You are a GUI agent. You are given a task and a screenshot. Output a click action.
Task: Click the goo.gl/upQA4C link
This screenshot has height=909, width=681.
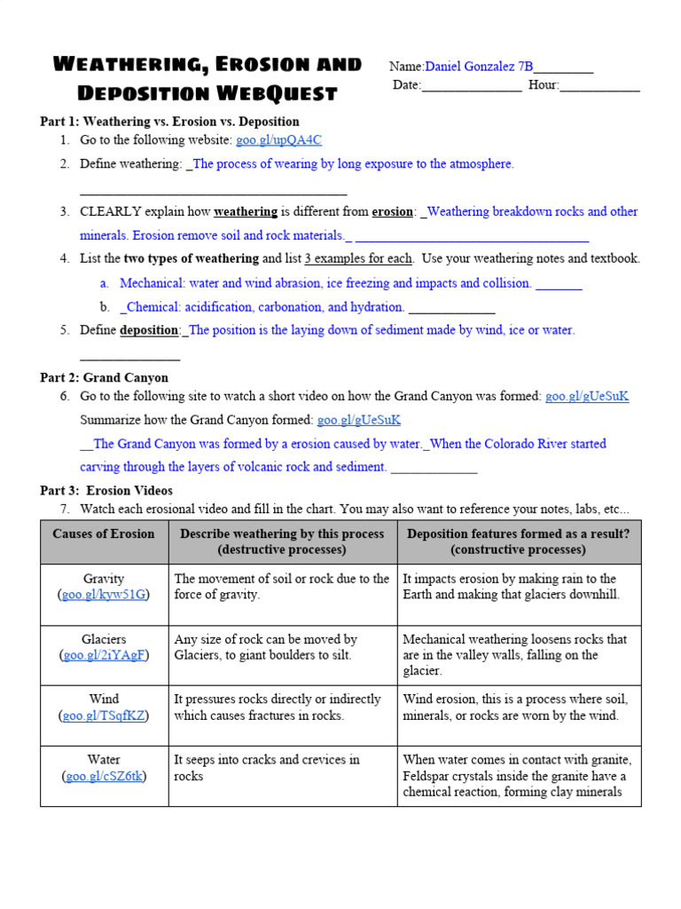click(278, 140)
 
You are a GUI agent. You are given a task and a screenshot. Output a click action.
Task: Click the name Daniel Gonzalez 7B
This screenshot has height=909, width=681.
click(479, 67)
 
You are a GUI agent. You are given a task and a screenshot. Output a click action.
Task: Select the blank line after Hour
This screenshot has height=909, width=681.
click(599, 86)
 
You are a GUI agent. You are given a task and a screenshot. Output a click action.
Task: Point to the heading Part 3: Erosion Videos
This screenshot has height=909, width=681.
click(106, 490)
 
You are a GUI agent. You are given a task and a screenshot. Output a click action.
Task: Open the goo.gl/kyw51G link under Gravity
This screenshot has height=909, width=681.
click(104, 595)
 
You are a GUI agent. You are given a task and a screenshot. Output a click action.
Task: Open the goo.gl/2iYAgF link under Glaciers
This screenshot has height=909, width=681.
click(104, 655)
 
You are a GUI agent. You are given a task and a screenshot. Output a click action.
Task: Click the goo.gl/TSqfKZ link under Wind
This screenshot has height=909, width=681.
click(104, 715)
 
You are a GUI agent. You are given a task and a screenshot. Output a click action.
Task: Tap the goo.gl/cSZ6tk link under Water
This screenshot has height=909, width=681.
click(104, 776)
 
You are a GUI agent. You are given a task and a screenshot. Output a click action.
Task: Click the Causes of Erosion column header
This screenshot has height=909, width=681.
click(104, 534)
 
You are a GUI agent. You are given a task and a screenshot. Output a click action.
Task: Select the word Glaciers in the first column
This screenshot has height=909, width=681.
click(104, 639)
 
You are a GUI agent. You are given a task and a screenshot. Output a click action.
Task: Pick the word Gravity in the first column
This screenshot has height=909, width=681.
click(104, 579)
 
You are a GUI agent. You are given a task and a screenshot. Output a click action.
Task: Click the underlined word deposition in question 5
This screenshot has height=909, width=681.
click(150, 330)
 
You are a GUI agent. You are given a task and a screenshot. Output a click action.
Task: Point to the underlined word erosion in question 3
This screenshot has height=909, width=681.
click(392, 212)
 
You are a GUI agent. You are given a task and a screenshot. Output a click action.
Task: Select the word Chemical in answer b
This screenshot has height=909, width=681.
click(153, 307)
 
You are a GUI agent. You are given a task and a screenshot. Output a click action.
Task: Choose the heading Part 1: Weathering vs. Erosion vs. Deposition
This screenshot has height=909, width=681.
click(169, 122)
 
